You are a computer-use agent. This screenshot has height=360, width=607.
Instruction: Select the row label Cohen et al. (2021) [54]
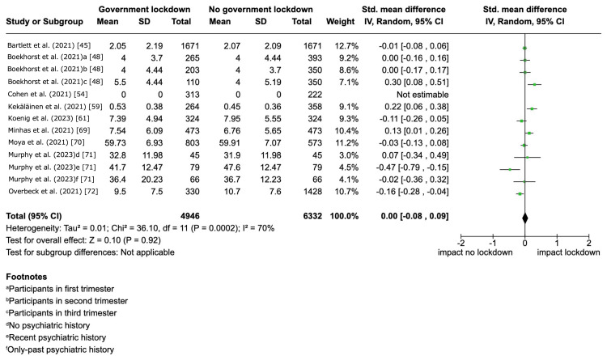pos(40,94)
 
